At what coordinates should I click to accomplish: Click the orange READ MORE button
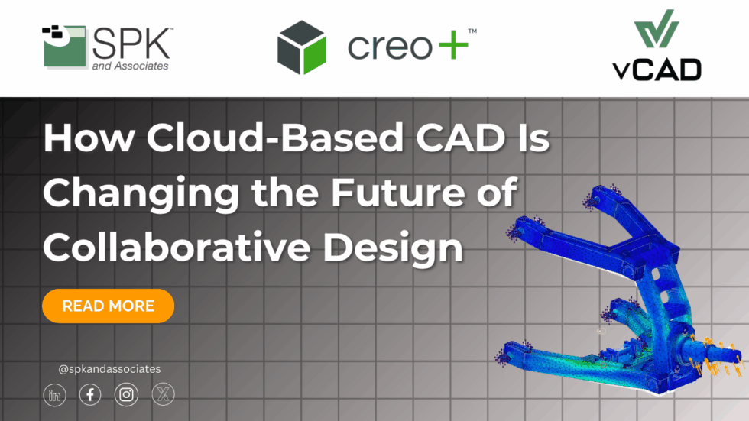[108, 306]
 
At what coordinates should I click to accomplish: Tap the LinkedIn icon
[54, 394]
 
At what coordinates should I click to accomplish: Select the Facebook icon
[90, 394]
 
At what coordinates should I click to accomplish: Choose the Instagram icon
[126, 394]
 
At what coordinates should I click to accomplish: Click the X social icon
[163, 394]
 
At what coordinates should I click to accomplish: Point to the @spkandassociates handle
[109, 369]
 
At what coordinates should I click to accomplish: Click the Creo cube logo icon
[302, 47]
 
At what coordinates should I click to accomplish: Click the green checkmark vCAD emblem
[655, 31]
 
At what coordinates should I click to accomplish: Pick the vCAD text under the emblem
[656, 70]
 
